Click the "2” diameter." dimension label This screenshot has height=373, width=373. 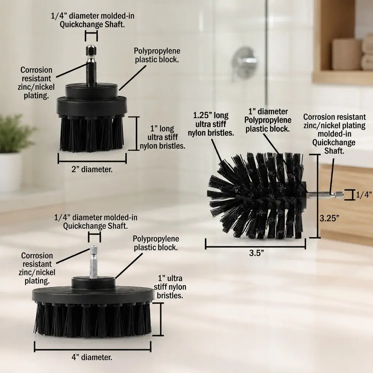[92, 169]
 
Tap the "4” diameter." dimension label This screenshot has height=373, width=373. [92, 357]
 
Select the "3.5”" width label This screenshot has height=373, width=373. [256, 253]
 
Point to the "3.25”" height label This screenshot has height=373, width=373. [329, 218]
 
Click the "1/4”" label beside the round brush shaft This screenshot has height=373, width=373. [364, 195]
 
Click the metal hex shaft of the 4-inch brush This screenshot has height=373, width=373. [94, 261]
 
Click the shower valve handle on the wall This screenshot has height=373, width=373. [243, 61]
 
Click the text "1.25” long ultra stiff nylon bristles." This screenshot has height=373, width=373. [211, 124]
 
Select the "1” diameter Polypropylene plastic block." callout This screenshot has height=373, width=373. [268, 120]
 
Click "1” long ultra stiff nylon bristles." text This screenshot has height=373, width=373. [162, 137]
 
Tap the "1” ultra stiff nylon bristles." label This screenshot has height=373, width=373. [170, 287]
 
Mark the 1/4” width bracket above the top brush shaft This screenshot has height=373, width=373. [91, 36]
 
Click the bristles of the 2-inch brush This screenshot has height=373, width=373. [91, 133]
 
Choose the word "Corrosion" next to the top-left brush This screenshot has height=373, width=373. [36, 70]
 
